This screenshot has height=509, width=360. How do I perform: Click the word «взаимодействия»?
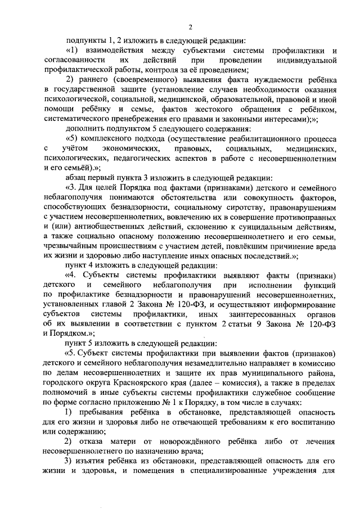coord(117,51)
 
